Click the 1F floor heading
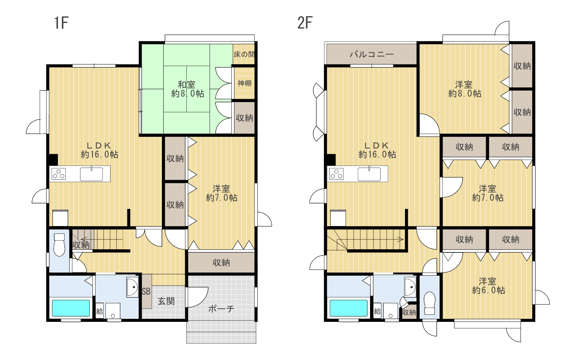(61, 23)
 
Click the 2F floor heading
(305, 23)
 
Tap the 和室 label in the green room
(186, 84)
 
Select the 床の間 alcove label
(244, 55)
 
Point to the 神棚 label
(244, 83)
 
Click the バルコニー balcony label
(372, 55)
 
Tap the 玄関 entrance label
(166, 301)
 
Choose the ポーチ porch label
(221, 309)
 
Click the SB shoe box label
(146, 291)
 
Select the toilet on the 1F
(59, 245)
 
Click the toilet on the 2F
(430, 303)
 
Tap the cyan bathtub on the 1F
(71, 308)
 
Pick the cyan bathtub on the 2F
(348, 308)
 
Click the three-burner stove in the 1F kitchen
(59, 174)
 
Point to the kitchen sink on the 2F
(369, 174)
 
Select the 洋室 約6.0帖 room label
(488, 286)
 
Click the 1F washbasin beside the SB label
(132, 287)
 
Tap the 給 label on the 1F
(100, 311)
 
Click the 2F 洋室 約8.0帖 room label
(464, 89)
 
